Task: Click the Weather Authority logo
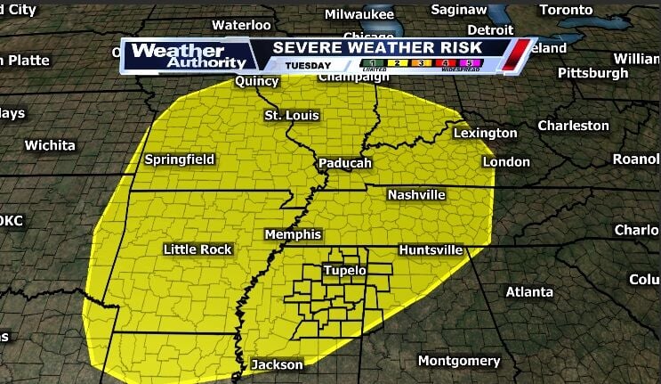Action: click(x=188, y=56)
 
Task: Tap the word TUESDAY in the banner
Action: click(x=308, y=65)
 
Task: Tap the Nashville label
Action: click(x=416, y=195)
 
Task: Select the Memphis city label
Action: click(x=293, y=234)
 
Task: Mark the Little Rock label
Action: click(x=197, y=249)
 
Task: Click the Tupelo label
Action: click(x=345, y=270)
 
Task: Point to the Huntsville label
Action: click(x=431, y=250)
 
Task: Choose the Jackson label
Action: click(x=277, y=364)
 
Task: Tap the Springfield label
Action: click(x=180, y=160)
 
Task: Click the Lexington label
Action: click(x=485, y=134)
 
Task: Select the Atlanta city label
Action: click(x=529, y=292)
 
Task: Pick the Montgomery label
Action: click(x=459, y=361)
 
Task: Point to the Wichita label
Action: click(x=50, y=144)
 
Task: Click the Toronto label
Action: click(x=566, y=10)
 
